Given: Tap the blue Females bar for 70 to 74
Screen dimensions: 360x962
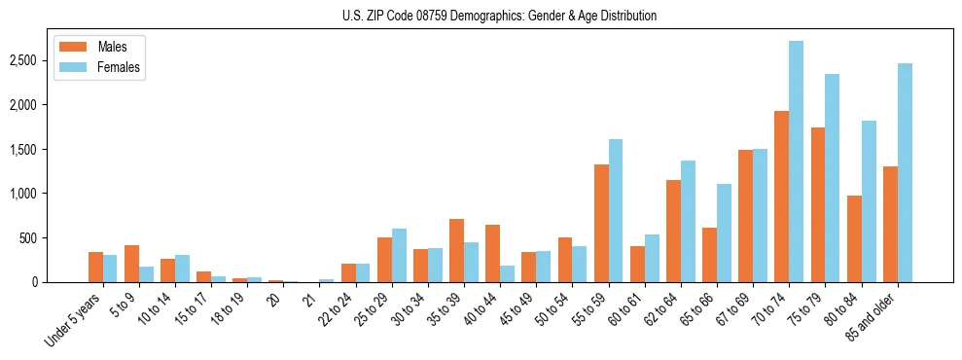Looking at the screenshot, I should (797, 162).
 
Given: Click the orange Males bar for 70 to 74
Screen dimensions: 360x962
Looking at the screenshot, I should (781, 197).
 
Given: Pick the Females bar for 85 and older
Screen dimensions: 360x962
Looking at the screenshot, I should (905, 173).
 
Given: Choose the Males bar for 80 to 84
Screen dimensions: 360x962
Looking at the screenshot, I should (854, 238).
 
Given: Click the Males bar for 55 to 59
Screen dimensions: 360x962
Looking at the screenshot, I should (601, 223).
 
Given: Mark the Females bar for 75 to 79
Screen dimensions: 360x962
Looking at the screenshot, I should (833, 178).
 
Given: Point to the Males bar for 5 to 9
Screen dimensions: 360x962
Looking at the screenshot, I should (131, 264).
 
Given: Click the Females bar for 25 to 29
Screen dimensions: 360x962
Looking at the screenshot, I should (399, 255).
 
